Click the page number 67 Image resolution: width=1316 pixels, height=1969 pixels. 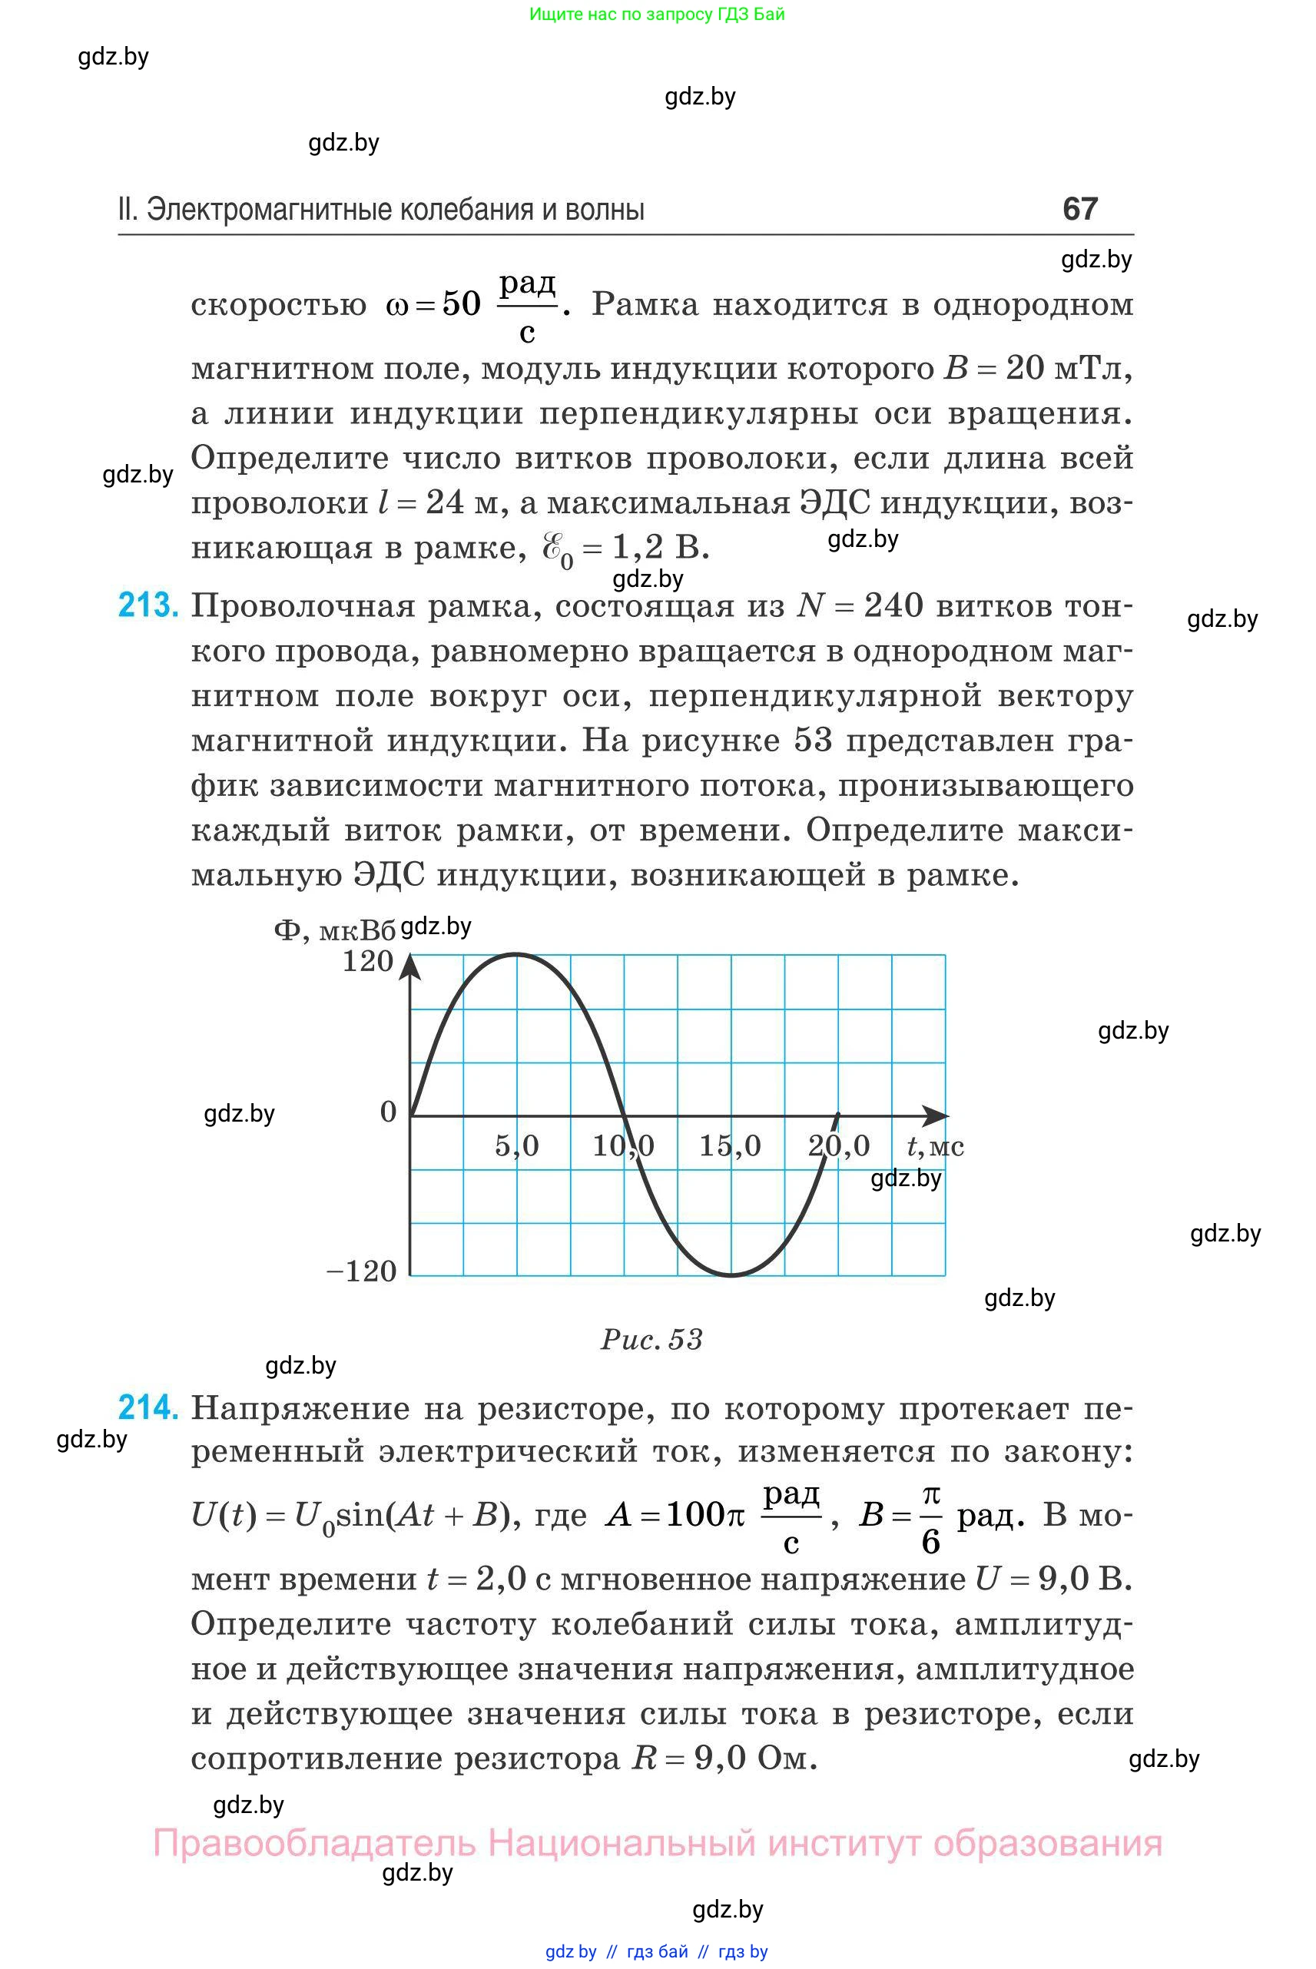point(1079,209)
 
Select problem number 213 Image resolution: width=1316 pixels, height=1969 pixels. point(148,605)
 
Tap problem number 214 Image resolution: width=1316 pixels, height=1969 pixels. point(148,1407)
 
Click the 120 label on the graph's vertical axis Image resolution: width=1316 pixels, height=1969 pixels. point(368,961)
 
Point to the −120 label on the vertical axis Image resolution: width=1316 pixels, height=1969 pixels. point(361,1271)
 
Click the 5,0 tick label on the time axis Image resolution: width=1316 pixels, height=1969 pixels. point(516,1145)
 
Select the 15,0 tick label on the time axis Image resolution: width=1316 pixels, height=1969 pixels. point(730,1145)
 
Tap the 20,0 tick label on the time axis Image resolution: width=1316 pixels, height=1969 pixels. point(838,1145)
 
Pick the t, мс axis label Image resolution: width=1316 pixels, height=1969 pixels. point(935,1145)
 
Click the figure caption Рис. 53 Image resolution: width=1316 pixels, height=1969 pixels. point(651,1339)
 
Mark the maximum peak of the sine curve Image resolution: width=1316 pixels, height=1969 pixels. point(515,954)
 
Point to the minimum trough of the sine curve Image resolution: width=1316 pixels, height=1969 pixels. point(731,1276)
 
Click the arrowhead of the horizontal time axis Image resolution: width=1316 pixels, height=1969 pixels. point(936,1116)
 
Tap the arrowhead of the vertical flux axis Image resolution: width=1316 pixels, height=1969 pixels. point(409,967)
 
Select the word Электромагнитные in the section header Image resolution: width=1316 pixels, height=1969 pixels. point(270,209)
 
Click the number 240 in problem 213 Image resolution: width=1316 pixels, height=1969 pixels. point(893,605)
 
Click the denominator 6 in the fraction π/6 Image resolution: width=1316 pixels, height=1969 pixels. point(931,1542)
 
